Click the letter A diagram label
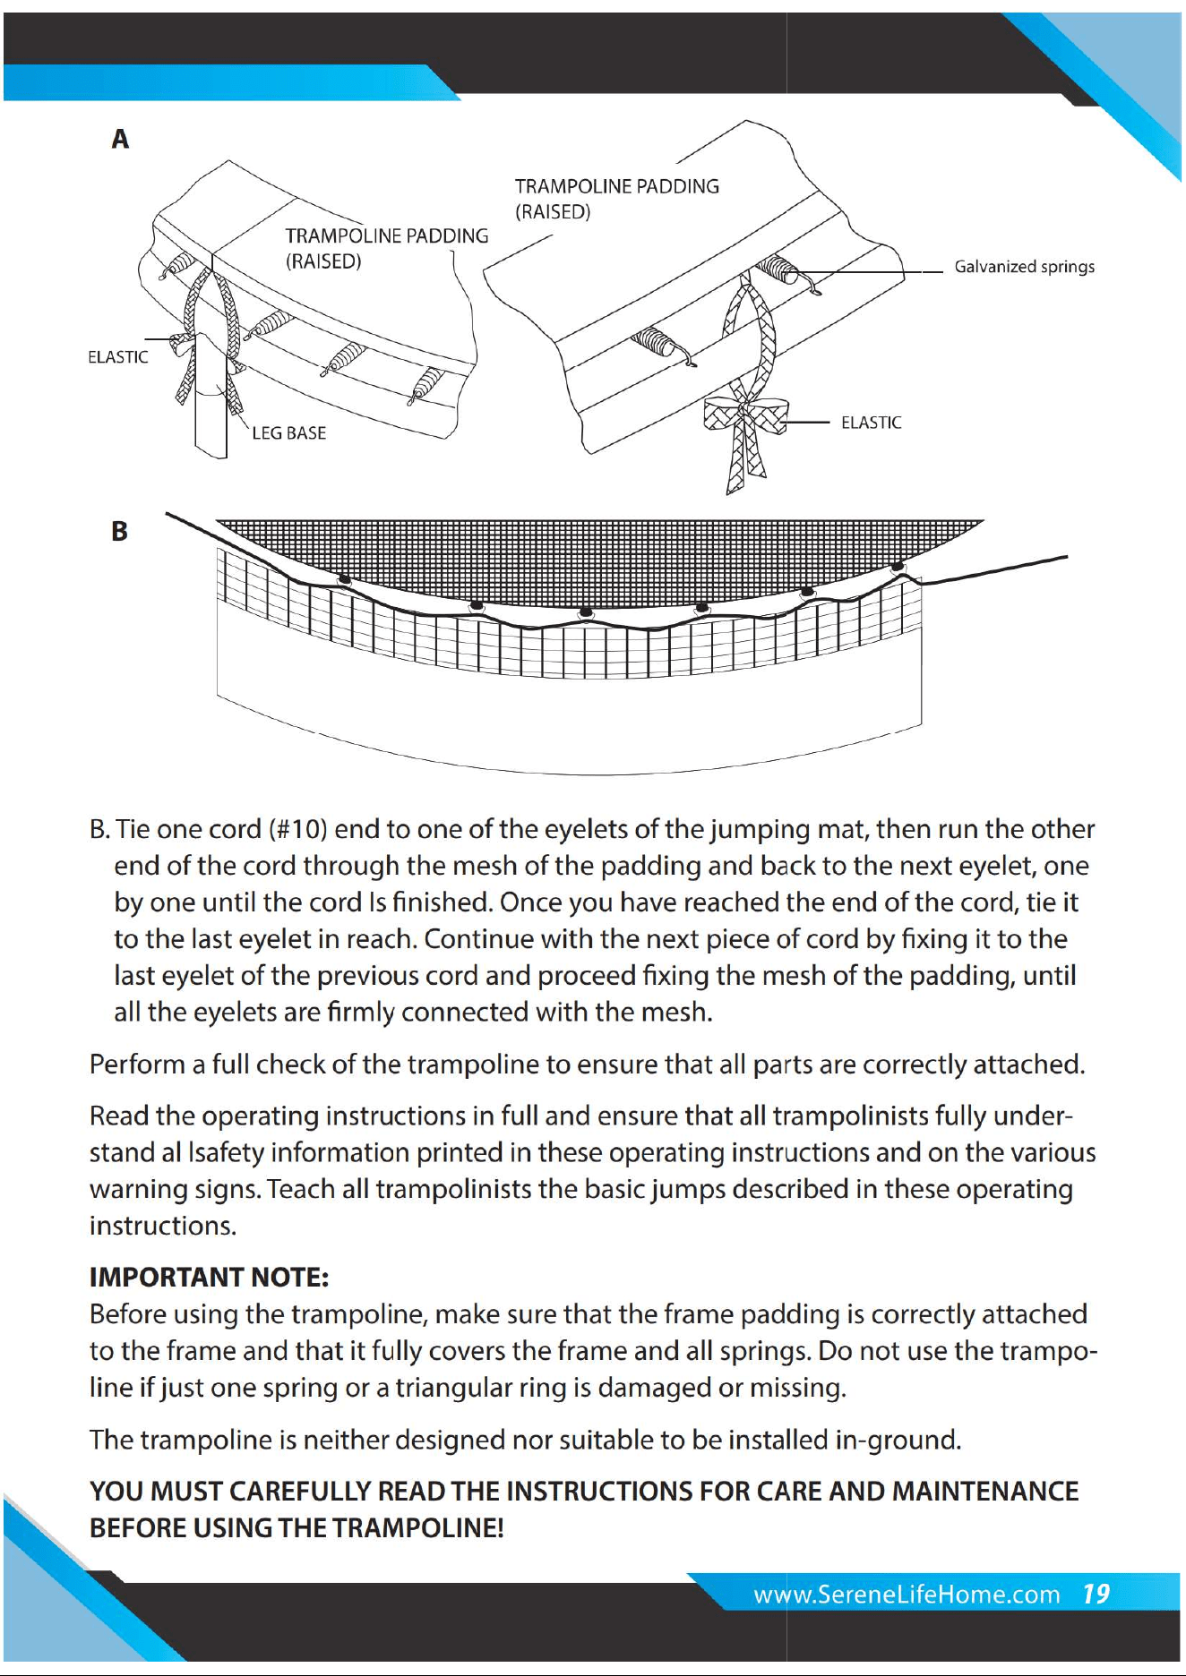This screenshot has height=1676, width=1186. [120, 139]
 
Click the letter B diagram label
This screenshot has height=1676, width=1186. [119, 531]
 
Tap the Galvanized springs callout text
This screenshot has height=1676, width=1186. [1024, 267]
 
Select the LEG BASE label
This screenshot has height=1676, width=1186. [288, 433]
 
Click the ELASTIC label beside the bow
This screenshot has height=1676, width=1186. [871, 423]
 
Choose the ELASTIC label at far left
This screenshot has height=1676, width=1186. [117, 357]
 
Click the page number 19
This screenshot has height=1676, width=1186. [1096, 1595]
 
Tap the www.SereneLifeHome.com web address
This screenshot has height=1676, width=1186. [907, 1595]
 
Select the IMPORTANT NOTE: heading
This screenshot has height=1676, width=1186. [210, 1277]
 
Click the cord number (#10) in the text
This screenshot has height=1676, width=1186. [298, 829]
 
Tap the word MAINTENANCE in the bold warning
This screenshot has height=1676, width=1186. [985, 1491]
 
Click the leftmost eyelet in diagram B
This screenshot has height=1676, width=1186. [344, 579]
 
